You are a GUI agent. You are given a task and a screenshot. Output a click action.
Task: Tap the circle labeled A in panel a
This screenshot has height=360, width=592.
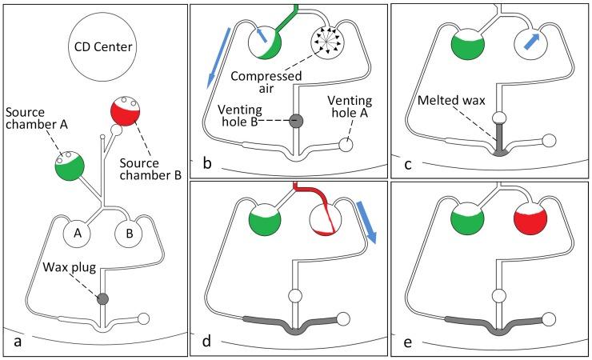point(78,235)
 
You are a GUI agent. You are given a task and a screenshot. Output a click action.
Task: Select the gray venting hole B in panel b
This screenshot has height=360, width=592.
point(295,122)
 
